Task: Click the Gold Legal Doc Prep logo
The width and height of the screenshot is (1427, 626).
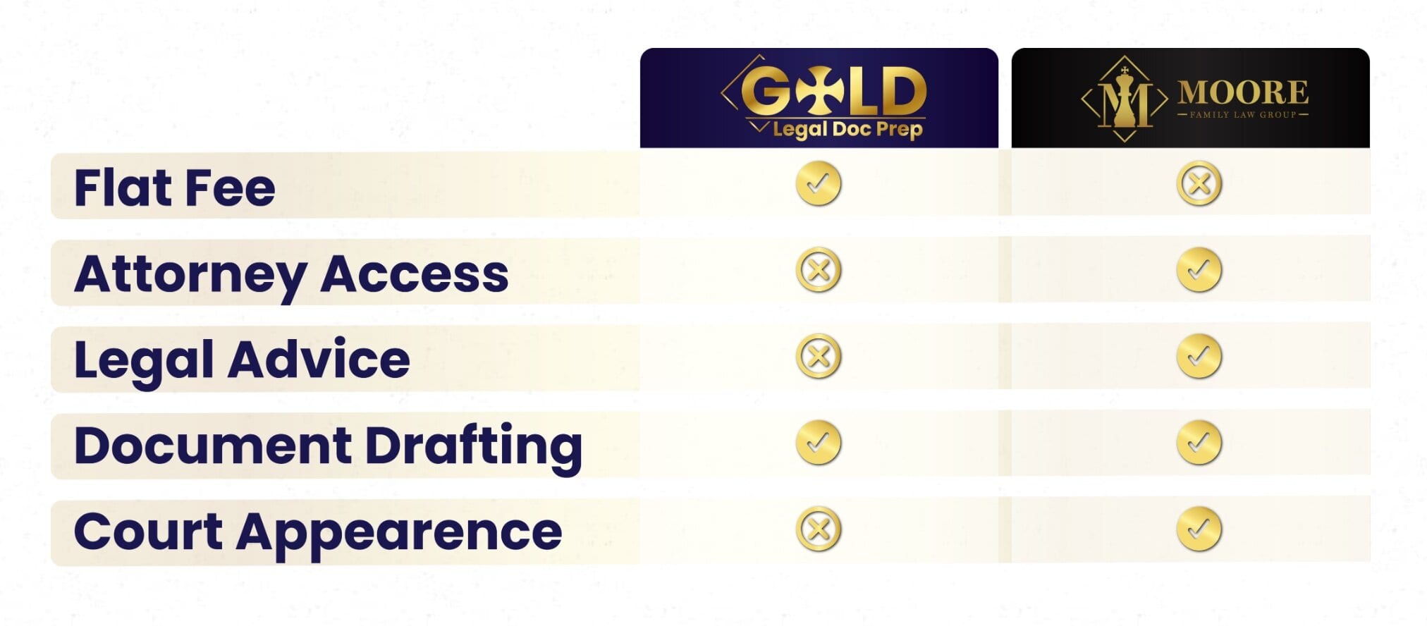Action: click(x=823, y=97)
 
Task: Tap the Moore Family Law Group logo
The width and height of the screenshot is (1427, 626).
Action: click(x=1194, y=99)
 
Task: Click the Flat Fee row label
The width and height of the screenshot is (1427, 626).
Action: click(x=174, y=188)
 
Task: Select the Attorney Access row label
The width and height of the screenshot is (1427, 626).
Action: click(x=291, y=275)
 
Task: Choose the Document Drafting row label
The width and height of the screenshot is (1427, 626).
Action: click(x=328, y=447)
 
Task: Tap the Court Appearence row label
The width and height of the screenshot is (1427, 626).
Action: click(x=318, y=533)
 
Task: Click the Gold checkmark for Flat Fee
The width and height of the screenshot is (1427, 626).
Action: click(x=819, y=184)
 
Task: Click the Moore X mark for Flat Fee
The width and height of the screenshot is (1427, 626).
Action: click(x=1199, y=184)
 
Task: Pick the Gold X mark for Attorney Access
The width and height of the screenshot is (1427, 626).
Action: click(x=819, y=270)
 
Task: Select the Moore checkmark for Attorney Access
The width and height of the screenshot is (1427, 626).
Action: click(x=1199, y=270)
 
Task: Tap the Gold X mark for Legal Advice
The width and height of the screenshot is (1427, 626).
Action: click(x=819, y=357)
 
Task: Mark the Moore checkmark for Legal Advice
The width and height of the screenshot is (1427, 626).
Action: click(x=1199, y=357)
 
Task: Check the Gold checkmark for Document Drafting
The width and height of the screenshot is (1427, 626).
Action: click(x=819, y=443)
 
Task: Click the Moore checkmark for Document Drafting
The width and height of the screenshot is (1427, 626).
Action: click(x=1199, y=443)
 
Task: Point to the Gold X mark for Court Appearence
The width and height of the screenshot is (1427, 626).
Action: click(x=819, y=529)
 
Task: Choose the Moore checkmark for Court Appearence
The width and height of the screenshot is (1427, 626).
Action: click(x=1199, y=529)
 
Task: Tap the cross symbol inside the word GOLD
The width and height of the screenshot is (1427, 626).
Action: click(x=819, y=90)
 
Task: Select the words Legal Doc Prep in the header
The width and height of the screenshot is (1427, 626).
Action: click(x=847, y=130)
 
